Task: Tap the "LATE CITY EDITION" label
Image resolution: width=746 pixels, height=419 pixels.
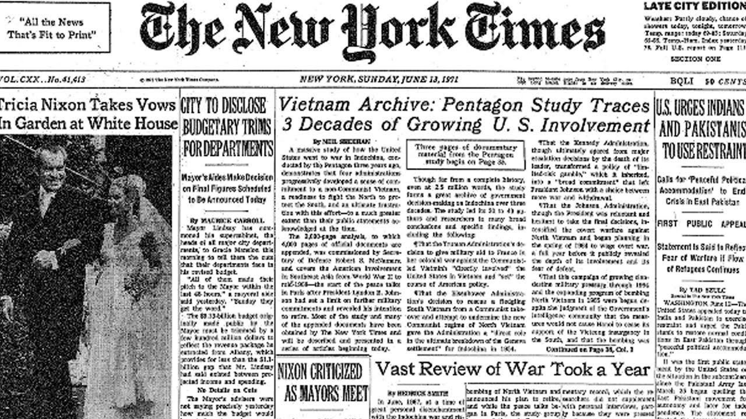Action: point(694,6)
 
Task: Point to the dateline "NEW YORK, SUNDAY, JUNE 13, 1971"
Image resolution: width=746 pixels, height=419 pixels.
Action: point(379,80)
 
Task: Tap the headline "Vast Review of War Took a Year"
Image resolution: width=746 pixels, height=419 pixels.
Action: point(512,369)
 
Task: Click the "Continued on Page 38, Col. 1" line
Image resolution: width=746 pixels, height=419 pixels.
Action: point(588,349)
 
